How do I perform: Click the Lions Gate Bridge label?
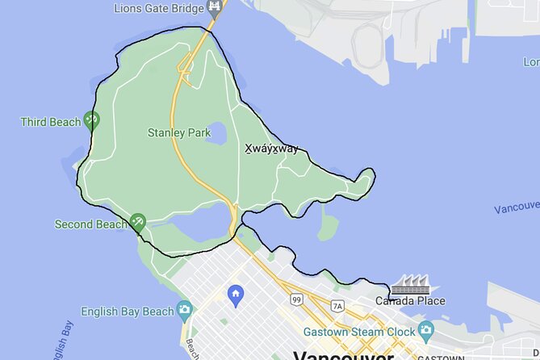tap(159, 10)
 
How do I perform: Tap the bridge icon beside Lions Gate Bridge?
tap(214, 8)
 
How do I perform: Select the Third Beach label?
tap(51, 122)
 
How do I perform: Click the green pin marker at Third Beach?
tap(92, 121)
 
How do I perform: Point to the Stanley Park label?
tap(174, 132)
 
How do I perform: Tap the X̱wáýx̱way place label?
tap(271, 149)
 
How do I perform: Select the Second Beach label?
tap(90, 224)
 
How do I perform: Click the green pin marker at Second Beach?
tap(137, 222)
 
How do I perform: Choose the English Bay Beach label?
tap(128, 311)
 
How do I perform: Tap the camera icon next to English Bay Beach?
tap(185, 309)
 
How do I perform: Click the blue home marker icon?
tap(236, 293)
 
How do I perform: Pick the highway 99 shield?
tap(296, 299)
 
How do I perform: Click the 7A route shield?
tap(337, 305)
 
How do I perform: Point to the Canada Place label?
tap(410, 301)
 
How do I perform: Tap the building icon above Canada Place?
tap(410, 283)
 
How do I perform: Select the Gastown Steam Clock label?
tap(359, 331)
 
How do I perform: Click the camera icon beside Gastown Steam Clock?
tap(425, 329)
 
